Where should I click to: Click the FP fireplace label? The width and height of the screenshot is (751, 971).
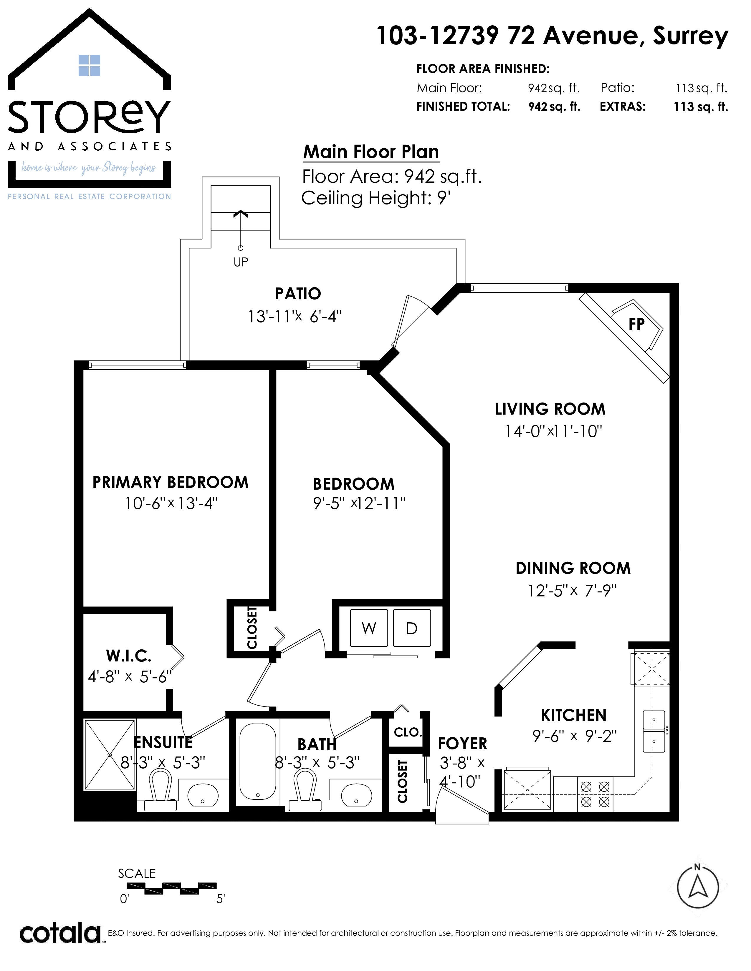636,324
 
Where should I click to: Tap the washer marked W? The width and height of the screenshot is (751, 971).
369,628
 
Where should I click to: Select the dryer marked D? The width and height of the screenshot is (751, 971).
411,628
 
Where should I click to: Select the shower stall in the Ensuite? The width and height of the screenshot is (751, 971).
110,754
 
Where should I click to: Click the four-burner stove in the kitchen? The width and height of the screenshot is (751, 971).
595,794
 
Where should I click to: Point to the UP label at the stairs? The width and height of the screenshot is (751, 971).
241,262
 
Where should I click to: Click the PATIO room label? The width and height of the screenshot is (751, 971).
298,293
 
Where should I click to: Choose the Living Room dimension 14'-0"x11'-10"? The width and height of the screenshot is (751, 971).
553,431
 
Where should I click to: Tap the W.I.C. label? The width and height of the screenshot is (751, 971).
129,656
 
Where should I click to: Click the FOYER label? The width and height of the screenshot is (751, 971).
463,743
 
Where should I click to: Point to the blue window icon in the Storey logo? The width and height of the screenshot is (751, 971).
90,65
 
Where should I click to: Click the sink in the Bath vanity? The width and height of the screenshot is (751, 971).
356,794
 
